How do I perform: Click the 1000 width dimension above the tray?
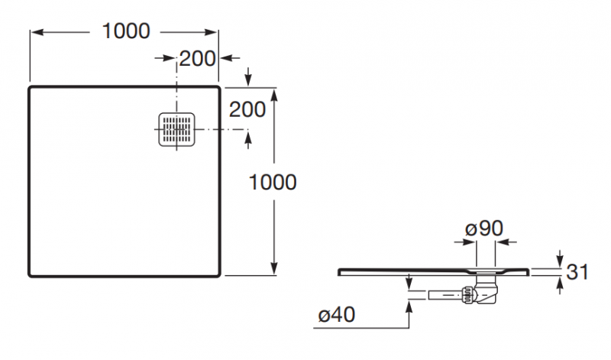pyautogui.click(x=125, y=31)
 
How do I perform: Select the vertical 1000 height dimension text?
pyautogui.click(x=273, y=182)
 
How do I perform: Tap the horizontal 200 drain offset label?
pyautogui.click(x=196, y=58)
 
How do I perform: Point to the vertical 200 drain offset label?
pyautogui.click(x=247, y=109)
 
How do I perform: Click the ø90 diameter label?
pyautogui.click(x=483, y=228)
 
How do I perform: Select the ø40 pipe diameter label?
pyautogui.click(x=335, y=314)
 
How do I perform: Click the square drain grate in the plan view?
pyautogui.click(x=177, y=131)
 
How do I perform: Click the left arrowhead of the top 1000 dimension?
pyautogui.click(x=34, y=31)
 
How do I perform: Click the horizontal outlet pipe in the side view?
pyautogui.click(x=439, y=294)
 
